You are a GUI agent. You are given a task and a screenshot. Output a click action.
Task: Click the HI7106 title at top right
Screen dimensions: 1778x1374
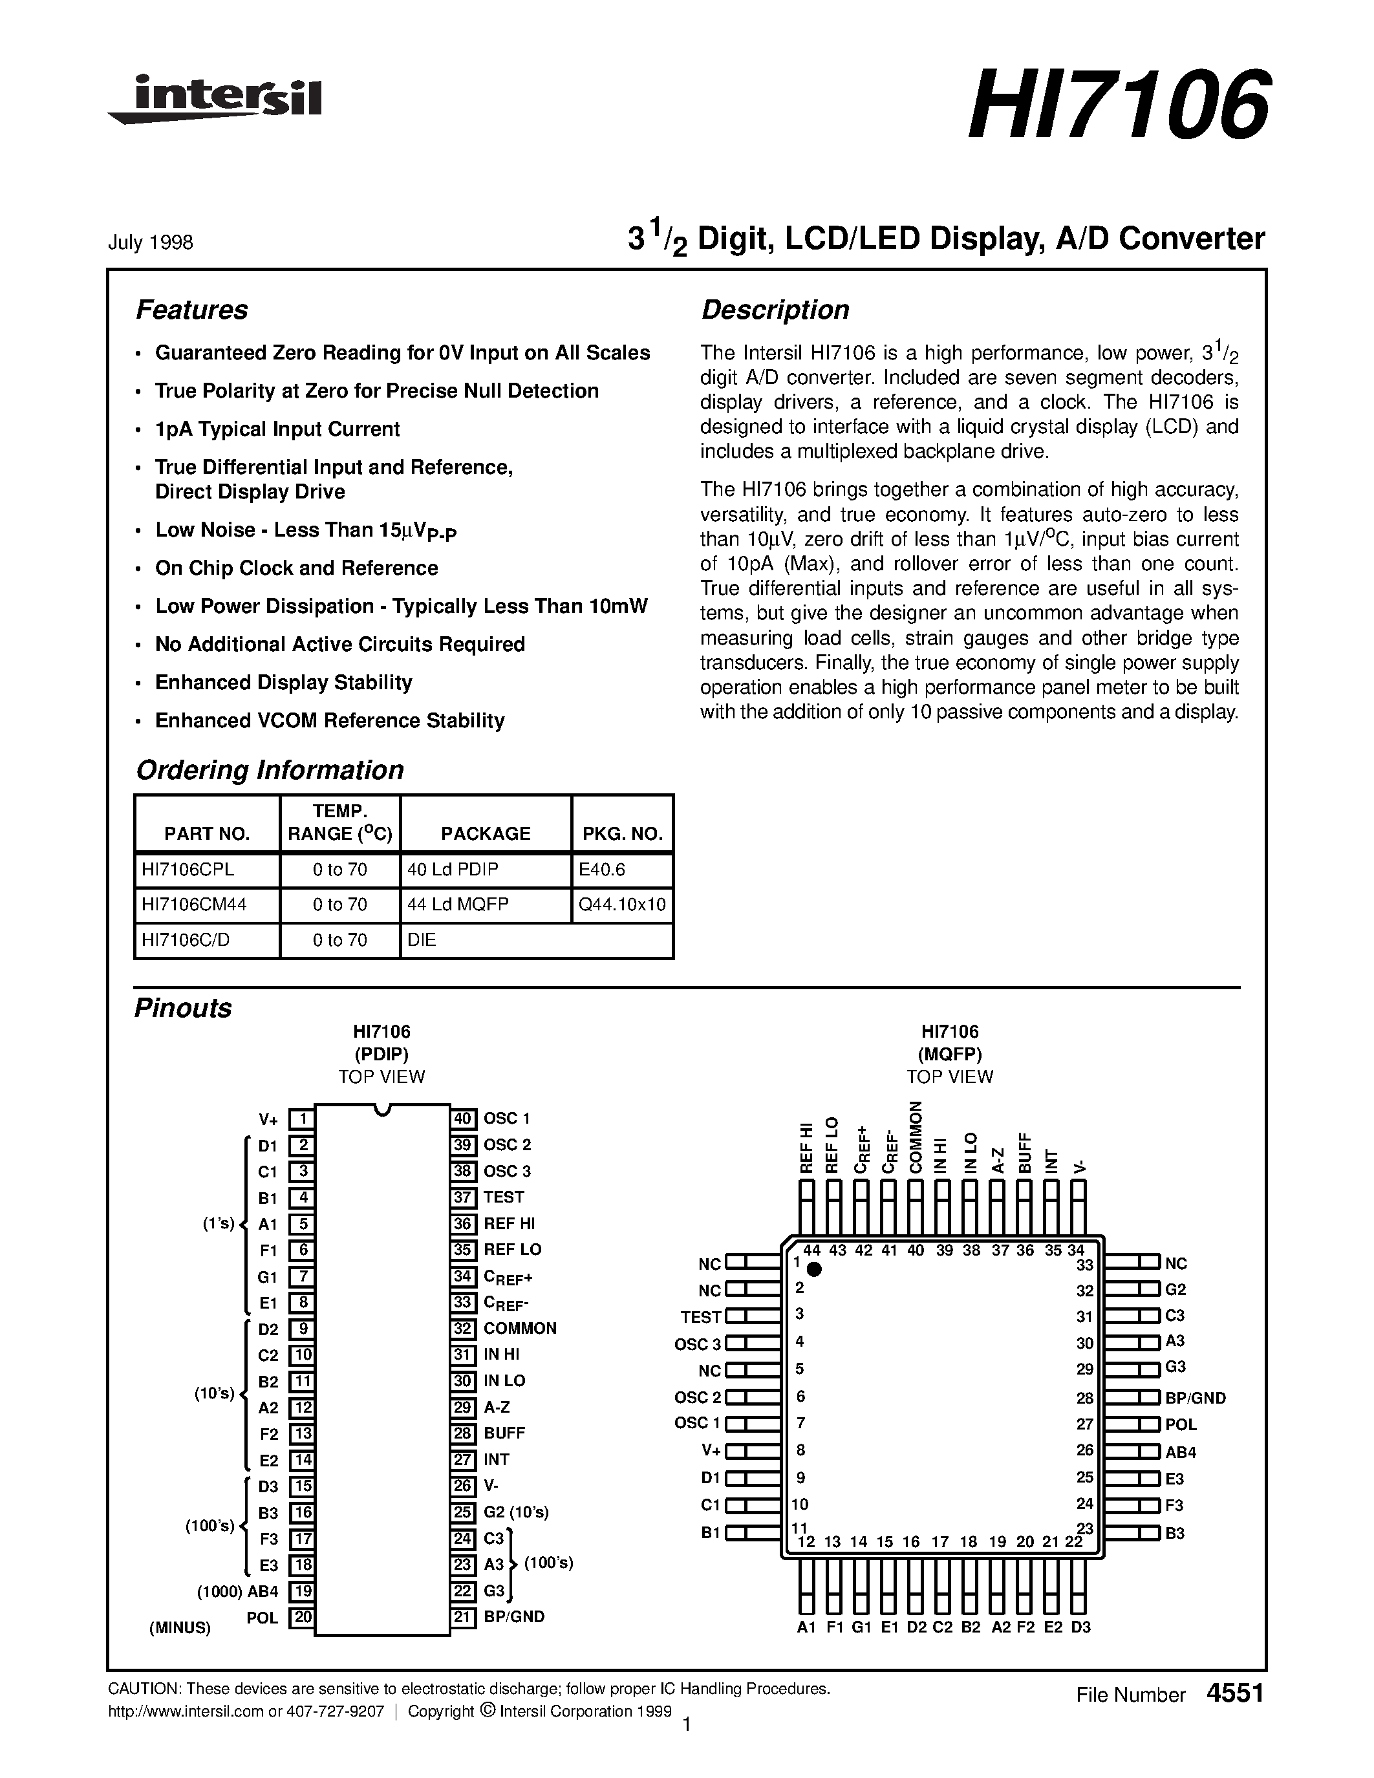1117,104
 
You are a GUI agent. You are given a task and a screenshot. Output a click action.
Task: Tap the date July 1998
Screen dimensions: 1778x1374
151,242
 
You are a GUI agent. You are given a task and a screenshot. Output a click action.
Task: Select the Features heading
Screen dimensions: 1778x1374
191,310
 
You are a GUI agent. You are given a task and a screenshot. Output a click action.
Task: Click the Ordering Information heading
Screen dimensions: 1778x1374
270,770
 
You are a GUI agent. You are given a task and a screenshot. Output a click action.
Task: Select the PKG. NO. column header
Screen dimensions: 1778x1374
623,833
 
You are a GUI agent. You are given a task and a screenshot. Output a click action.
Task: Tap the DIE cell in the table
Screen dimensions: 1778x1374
422,939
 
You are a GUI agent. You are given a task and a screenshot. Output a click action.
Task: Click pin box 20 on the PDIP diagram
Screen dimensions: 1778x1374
302,1617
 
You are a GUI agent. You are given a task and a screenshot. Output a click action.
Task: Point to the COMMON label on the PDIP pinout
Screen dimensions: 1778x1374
519,1328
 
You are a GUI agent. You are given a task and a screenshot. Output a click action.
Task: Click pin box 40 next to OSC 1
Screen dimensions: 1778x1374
463,1119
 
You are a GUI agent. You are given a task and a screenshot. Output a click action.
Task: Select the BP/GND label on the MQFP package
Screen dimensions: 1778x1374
1195,1398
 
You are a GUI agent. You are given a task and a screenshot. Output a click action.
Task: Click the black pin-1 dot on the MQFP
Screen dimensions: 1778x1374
813,1269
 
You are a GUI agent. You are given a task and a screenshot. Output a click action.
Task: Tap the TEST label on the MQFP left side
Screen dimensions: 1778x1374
701,1316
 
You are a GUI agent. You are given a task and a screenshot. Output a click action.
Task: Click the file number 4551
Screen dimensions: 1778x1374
1235,1693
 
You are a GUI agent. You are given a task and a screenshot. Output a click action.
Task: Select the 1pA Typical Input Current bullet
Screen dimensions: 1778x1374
277,429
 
